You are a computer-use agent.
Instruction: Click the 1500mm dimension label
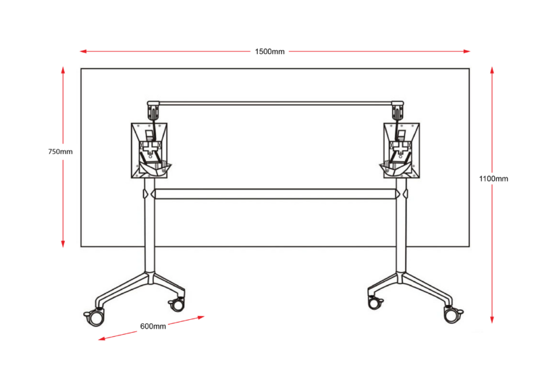[269, 52]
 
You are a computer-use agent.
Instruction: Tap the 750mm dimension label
[60, 152]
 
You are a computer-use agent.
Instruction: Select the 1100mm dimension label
[493, 178]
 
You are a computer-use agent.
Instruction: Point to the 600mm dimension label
[153, 326]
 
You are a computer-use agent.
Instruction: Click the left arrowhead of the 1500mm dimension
[83, 51]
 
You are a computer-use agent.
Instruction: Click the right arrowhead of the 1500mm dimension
[466, 51]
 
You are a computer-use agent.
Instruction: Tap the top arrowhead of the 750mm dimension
[63, 70]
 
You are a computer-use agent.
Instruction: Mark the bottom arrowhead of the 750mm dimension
[63, 244]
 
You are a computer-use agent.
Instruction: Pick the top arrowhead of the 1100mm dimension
[492, 70]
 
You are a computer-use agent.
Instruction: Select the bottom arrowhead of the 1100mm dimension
[492, 319]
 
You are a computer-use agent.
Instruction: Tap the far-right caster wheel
[452, 315]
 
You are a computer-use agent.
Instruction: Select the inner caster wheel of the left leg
[177, 304]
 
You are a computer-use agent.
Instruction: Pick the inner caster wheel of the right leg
[375, 302]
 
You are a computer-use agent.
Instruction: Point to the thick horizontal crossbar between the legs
[275, 194]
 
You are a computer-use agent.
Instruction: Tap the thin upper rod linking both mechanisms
[275, 103]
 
